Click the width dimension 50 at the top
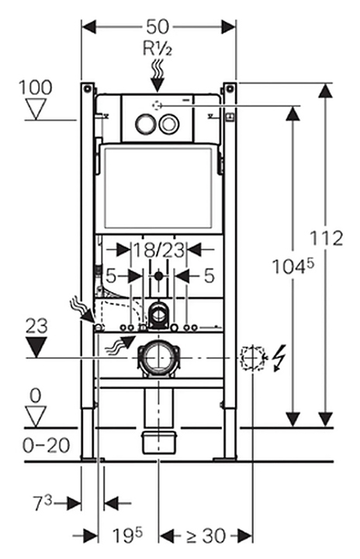click(x=157, y=26)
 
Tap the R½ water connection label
click(x=157, y=48)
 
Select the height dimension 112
click(x=326, y=238)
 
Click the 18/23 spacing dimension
click(x=159, y=250)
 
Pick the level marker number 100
click(x=35, y=87)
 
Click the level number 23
click(x=36, y=326)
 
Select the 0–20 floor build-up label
click(x=47, y=446)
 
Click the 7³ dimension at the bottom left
click(x=43, y=503)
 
